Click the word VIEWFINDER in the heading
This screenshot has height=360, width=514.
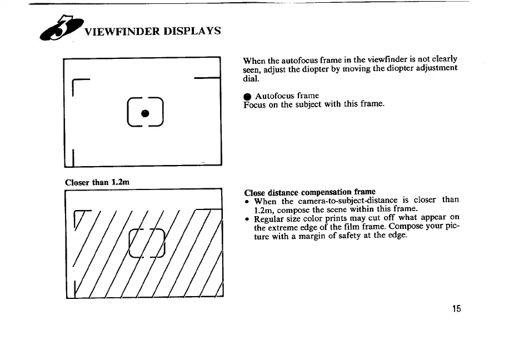pos(118,31)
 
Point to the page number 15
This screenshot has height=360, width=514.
pos(457,309)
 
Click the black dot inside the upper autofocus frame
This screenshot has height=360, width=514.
pos(144,113)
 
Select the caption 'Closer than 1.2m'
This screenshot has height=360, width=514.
pos(97,181)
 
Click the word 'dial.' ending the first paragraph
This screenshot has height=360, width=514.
pos(252,78)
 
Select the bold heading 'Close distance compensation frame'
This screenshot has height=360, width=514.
pos(310,192)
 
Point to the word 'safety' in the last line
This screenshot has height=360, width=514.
pos(350,236)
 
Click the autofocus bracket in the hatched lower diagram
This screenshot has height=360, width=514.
pos(147,243)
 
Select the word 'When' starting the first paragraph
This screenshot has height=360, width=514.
pos(254,59)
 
